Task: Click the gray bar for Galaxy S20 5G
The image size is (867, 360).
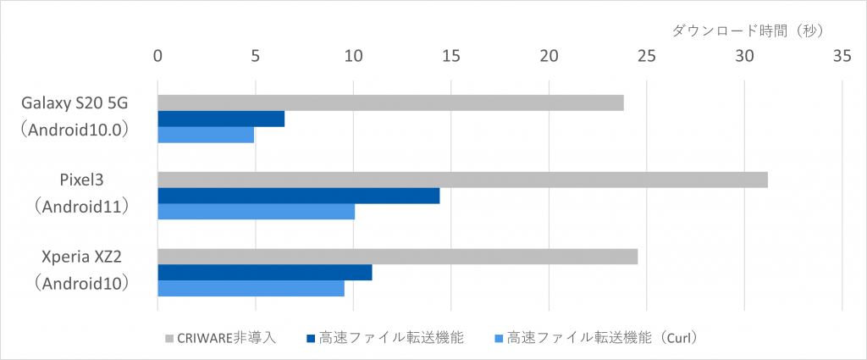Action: click(x=390, y=102)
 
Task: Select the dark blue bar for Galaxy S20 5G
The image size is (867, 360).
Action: click(x=221, y=119)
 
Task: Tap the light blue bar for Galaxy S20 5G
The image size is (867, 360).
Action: click(x=206, y=134)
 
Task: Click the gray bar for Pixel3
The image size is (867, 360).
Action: click(x=462, y=180)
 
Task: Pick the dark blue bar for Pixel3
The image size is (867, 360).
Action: click(x=299, y=196)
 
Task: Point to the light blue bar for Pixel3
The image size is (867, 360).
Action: click(x=257, y=211)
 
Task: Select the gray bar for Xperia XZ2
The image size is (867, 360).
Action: click(x=397, y=257)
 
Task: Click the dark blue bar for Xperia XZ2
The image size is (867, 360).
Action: click(x=265, y=272)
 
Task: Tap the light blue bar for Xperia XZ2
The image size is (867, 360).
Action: click(x=251, y=288)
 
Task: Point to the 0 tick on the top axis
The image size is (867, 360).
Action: click(x=157, y=57)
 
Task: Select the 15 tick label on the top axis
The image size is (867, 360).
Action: click(x=450, y=57)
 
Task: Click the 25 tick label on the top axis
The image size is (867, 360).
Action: click(x=646, y=57)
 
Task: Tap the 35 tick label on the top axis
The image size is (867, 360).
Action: click(x=842, y=57)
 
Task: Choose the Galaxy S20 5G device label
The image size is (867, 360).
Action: click(x=80, y=102)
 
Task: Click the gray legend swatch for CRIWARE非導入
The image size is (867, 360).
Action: click(x=168, y=338)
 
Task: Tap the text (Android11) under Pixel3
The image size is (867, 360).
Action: click(x=80, y=205)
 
